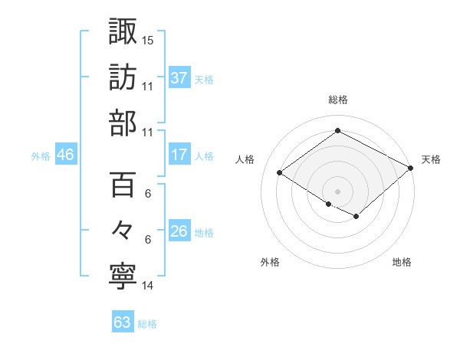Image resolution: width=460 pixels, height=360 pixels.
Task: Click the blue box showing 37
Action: (179, 77)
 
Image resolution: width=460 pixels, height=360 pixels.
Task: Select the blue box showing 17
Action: (179, 155)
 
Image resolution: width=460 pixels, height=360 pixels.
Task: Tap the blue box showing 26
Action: (179, 231)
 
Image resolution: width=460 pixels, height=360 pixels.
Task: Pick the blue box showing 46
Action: (66, 155)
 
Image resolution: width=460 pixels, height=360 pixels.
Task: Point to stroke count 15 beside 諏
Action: (149, 39)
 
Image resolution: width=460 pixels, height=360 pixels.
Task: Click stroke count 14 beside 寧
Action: (148, 286)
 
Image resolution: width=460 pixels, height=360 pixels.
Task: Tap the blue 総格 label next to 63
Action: (147, 324)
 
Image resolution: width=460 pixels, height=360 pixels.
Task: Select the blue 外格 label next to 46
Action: (41, 155)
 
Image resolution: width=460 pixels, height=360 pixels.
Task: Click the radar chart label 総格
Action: (337, 100)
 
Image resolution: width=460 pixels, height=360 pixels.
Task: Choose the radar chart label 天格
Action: (431, 159)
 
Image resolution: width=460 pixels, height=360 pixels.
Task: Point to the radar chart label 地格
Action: (402, 263)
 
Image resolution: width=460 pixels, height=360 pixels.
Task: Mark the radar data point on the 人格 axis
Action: (280, 173)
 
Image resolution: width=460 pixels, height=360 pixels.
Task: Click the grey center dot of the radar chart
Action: (337, 190)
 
